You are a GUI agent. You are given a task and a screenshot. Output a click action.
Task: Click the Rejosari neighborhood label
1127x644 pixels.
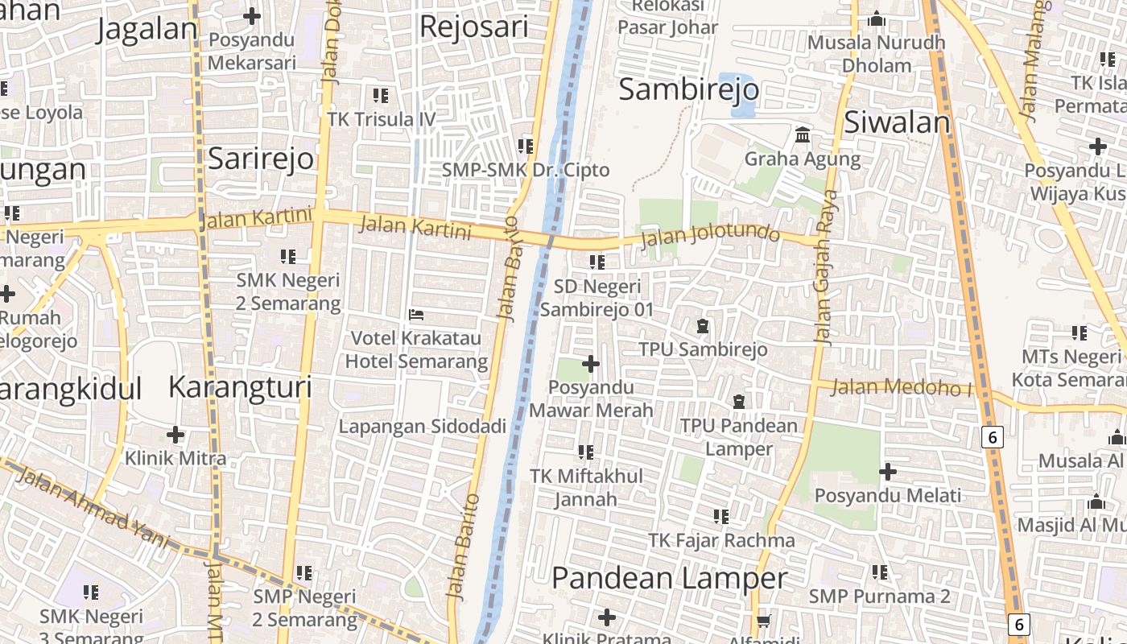[x=474, y=27]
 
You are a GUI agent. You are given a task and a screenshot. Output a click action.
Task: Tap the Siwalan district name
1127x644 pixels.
[x=897, y=122]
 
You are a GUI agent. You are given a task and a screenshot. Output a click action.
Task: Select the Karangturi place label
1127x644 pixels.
[x=240, y=387]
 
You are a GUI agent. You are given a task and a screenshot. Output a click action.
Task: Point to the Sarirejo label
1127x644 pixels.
[x=260, y=159]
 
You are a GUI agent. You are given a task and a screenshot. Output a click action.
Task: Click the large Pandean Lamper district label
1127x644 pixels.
[x=669, y=578]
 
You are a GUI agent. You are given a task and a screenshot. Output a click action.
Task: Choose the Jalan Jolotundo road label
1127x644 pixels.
[x=711, y=234]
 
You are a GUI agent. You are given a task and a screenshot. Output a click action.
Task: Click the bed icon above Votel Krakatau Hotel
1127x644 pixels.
[x=416, y=314]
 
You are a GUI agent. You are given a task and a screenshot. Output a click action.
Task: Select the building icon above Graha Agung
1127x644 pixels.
[x=803, y=135]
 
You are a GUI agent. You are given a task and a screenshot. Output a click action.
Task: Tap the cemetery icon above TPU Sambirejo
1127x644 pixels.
[x=703, y=326]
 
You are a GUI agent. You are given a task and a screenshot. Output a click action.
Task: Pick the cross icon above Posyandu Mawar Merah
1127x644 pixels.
[x=591, y=365]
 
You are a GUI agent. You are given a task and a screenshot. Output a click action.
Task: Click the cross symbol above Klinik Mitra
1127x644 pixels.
[x=175, y=435]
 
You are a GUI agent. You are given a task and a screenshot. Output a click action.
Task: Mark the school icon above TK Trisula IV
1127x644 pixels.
[x=381, y=96]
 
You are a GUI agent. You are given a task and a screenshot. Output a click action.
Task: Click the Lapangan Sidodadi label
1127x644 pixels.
[x=422, y=427]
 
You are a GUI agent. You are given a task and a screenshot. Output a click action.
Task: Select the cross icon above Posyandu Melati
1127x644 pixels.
[x=888, y=472]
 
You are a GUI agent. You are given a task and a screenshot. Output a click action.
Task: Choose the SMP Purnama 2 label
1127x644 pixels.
[x=879, y=597]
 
